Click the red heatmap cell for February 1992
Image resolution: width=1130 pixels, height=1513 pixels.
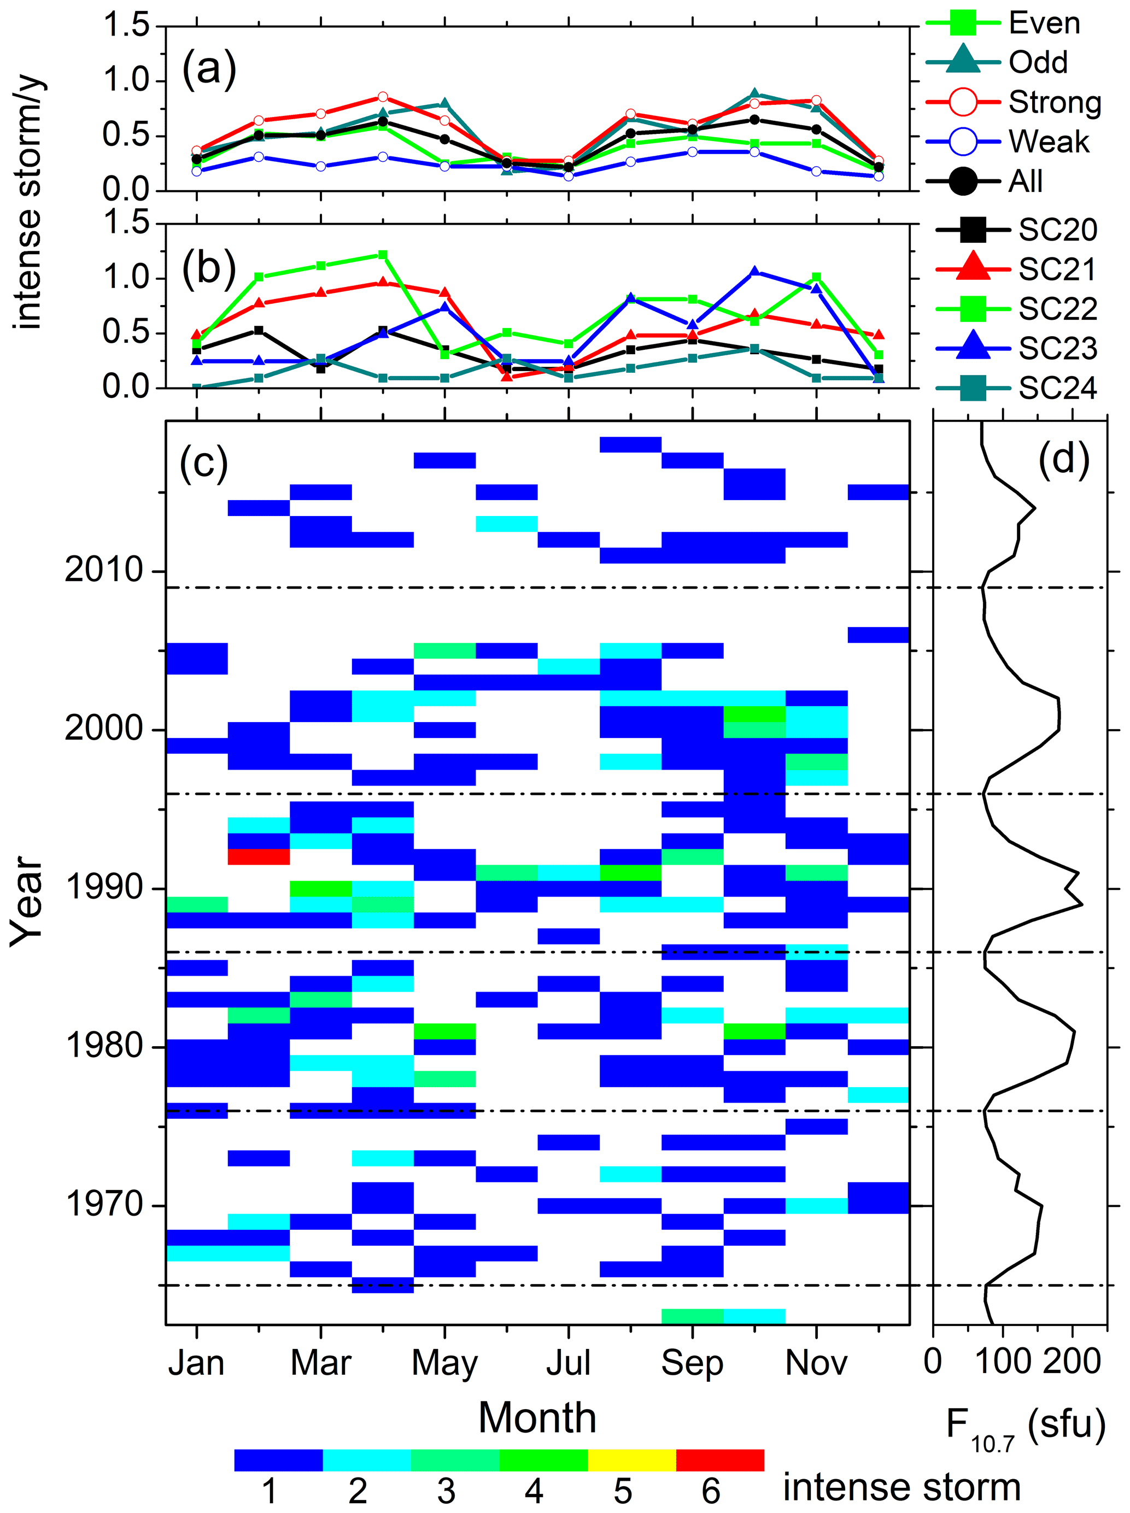tap(259, 857)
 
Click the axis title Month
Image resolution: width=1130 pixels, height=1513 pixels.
tap(537, 1418)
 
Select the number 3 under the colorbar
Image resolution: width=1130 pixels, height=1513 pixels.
tap(446, 1491)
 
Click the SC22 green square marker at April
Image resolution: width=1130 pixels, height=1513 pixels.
tap(383, 255)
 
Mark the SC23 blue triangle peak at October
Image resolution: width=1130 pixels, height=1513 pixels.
tap(754, 272)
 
